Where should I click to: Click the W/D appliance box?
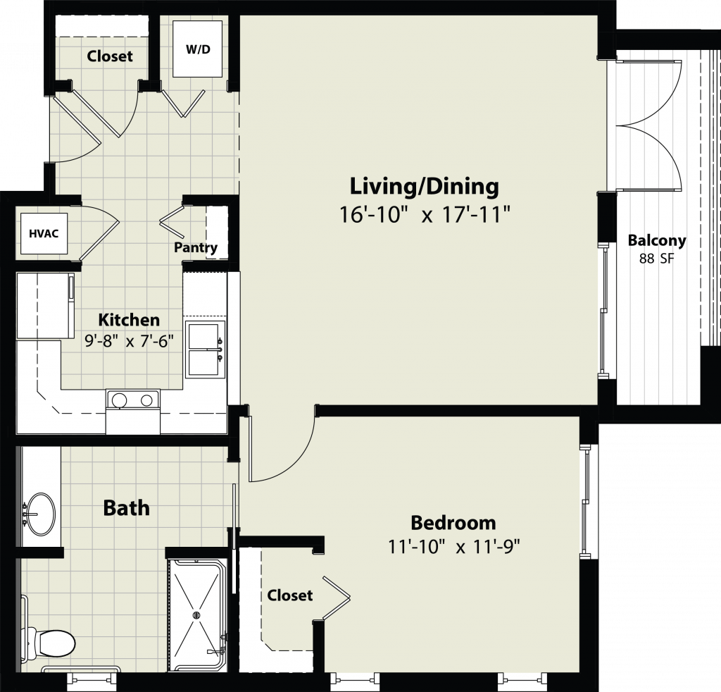[198, 49]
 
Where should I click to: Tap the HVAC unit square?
[44, 233]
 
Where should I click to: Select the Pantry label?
[196, 247]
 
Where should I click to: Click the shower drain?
[198, 614]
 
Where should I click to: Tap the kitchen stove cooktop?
[132, 400]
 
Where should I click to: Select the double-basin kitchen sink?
[205, 350]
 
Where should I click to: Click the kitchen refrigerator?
[45, 306]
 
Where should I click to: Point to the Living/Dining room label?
[425, 186]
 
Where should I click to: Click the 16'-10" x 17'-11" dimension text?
[425, 214]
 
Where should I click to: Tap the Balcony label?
[657, 240]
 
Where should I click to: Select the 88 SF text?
[657, 259]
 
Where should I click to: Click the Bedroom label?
[453, 523]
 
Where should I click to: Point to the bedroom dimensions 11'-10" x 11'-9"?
[454, 547]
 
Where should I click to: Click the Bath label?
[127, 508]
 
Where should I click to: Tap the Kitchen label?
[130, 319]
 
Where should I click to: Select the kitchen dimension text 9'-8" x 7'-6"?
[130, 341]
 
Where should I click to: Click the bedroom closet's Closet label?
[289, 595]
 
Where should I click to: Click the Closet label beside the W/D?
[109, 56]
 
